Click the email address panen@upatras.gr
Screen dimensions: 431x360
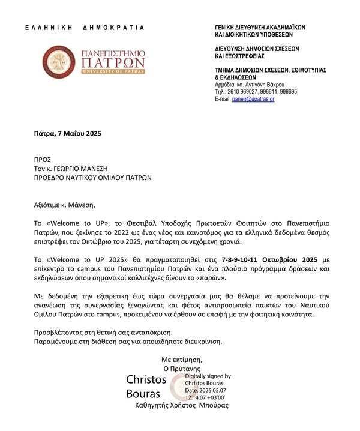point(253,98)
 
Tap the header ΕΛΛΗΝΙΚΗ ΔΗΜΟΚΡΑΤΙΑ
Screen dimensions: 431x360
point(85,27)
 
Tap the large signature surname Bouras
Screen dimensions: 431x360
point(142,394)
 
